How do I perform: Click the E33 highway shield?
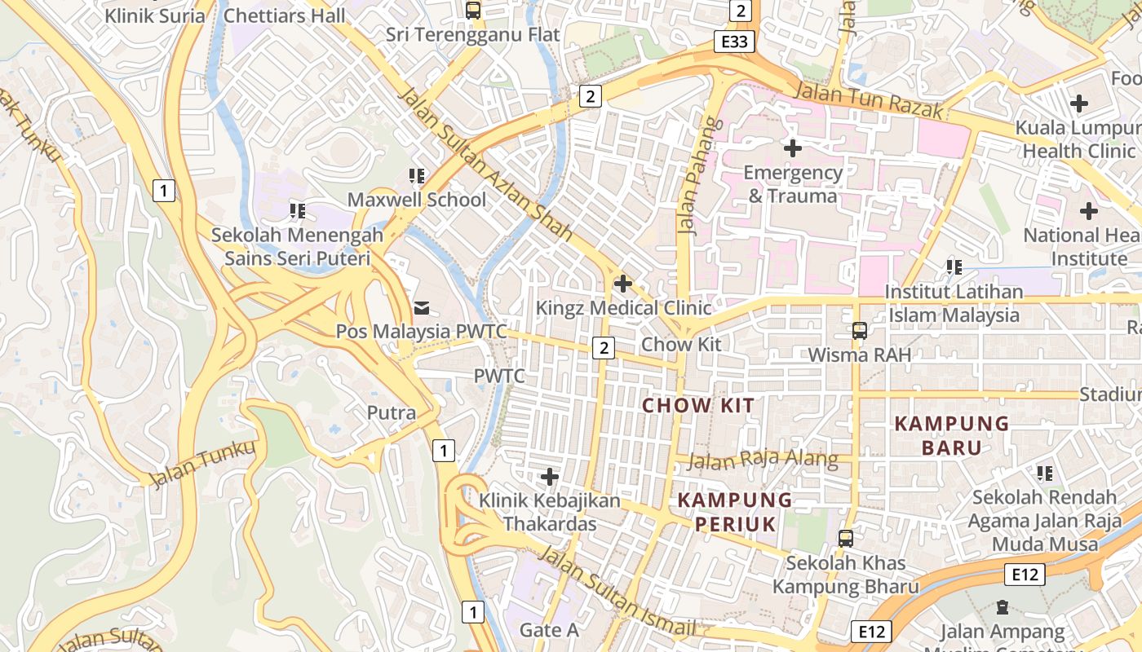[x=734, y=42]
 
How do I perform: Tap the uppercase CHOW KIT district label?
[x=698, y=405]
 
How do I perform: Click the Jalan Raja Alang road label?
[x=763, y=460]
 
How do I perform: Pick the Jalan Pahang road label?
[x=691, y=176]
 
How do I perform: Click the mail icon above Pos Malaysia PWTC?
[x=422, y=307]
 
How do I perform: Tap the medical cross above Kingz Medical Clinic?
[x=623, y=284]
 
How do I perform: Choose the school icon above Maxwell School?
[x=417, y=175]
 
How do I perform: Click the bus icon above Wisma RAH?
[x=859, y=330]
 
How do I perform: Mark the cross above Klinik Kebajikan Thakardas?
[x=550, y=476]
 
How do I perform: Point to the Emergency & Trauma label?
[x=793, y=184]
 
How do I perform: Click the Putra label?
[x=392, y=412]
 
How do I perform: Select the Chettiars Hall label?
[x=284, y=15]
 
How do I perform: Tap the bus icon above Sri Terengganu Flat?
[x=472, y=11]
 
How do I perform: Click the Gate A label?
[x=549, y=630]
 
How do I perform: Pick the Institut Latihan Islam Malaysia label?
[x=954, y=303]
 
